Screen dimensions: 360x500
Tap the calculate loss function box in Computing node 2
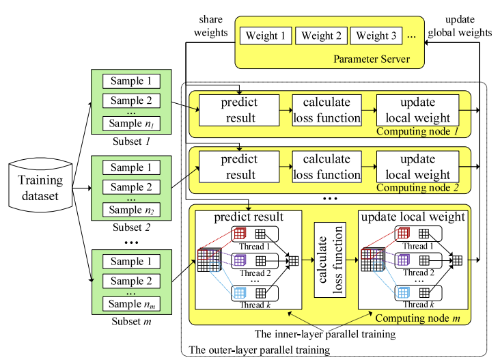coord(327,167)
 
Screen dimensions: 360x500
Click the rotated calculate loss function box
coord(327,258)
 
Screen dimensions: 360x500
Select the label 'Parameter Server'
coord(372,59)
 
